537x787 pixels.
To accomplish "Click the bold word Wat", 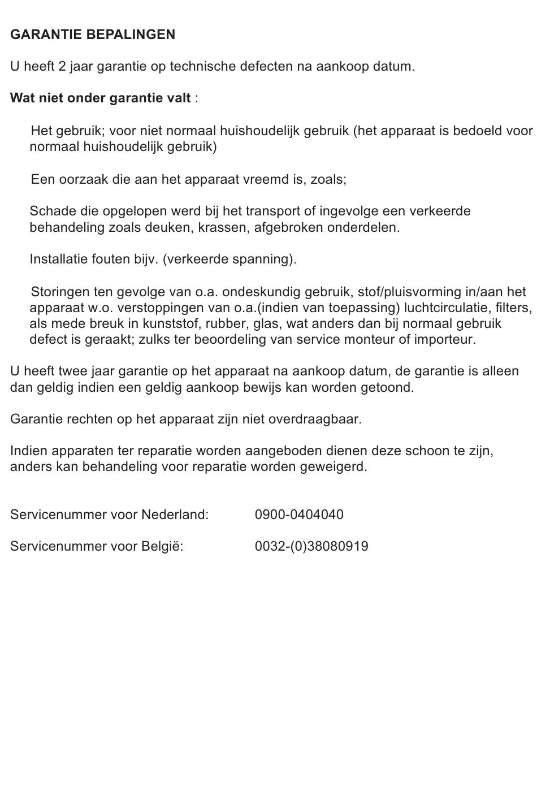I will [23, 98].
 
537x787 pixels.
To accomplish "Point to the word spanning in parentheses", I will [263, 260].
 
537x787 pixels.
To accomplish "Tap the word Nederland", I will [175, 515].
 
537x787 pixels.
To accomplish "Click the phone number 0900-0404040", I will [299, 515].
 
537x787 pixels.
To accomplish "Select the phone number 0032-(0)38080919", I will [311, 547].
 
